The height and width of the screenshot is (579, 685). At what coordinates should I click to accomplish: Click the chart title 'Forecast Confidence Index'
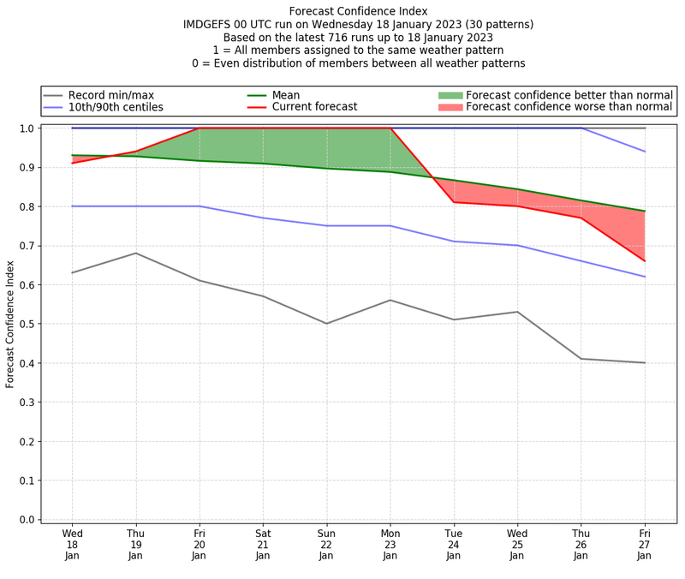[358, 11]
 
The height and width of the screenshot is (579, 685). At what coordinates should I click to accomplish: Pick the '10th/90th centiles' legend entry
[116, 107]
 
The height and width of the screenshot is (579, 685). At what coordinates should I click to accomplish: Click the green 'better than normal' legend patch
[450, 95]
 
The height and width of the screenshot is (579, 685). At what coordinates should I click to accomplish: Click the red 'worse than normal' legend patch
[450, 107]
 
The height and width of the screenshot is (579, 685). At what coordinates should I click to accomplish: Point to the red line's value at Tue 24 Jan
[454, 202]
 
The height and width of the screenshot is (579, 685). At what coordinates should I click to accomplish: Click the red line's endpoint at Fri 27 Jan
[645, 261]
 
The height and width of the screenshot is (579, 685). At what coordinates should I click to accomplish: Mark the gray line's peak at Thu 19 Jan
[135, 253]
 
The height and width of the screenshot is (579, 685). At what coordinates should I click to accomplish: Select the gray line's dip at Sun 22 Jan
[326, 324]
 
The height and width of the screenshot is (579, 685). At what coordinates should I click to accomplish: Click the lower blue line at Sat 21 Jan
[263, 218]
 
